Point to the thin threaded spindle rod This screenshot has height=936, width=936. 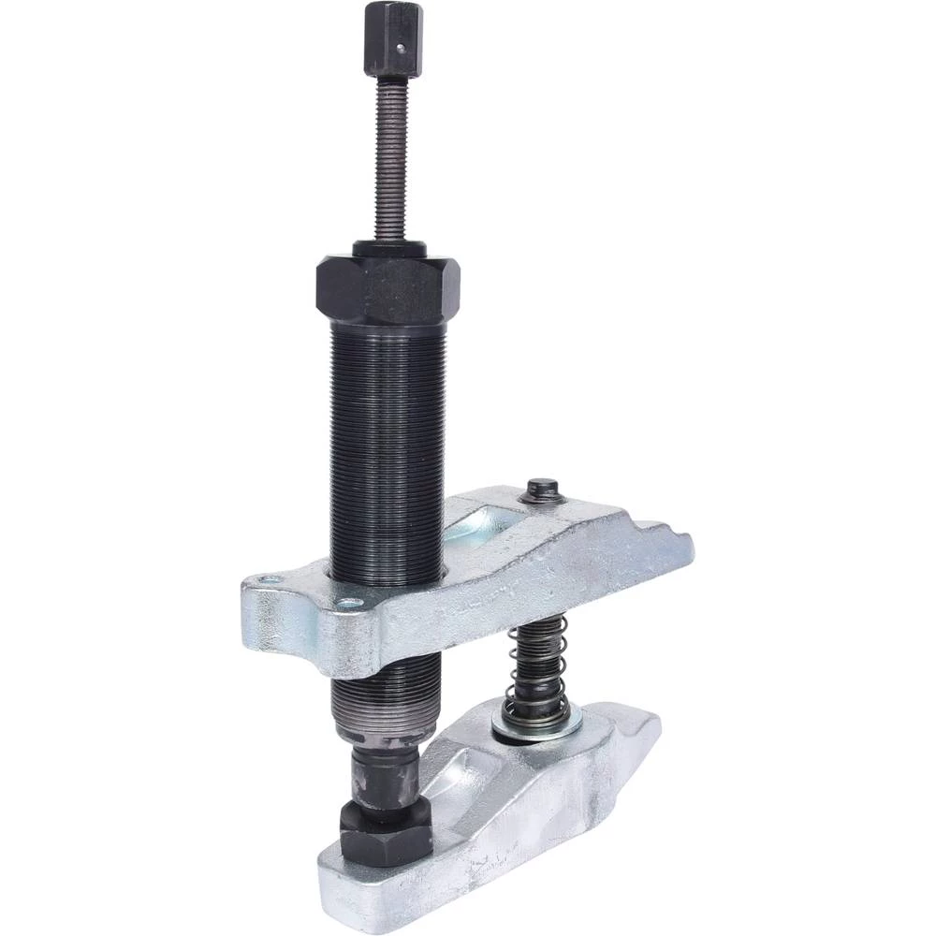click(391, 159)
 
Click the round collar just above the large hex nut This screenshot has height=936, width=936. click(389, 250)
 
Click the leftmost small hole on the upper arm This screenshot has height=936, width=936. click(270, 580)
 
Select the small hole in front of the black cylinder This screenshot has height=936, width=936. click(348, 604)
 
